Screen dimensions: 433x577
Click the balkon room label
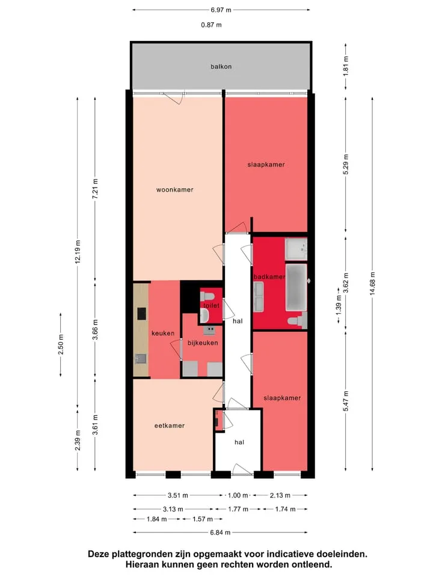221,67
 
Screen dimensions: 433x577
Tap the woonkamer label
174,190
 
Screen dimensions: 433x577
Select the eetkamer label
170,426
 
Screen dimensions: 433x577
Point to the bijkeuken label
203,343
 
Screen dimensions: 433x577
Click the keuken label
163,334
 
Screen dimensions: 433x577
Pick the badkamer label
269,276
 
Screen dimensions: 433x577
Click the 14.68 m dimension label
372,284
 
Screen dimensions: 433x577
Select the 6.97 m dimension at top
221,10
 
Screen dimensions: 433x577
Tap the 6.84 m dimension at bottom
220,533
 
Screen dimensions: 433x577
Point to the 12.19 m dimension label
78,252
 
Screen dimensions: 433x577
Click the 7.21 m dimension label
95,189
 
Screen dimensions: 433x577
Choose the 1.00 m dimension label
238,495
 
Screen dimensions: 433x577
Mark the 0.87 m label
211,25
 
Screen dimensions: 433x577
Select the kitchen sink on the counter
141,359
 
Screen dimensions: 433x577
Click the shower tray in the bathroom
296,249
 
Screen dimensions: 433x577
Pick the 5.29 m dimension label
345,165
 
